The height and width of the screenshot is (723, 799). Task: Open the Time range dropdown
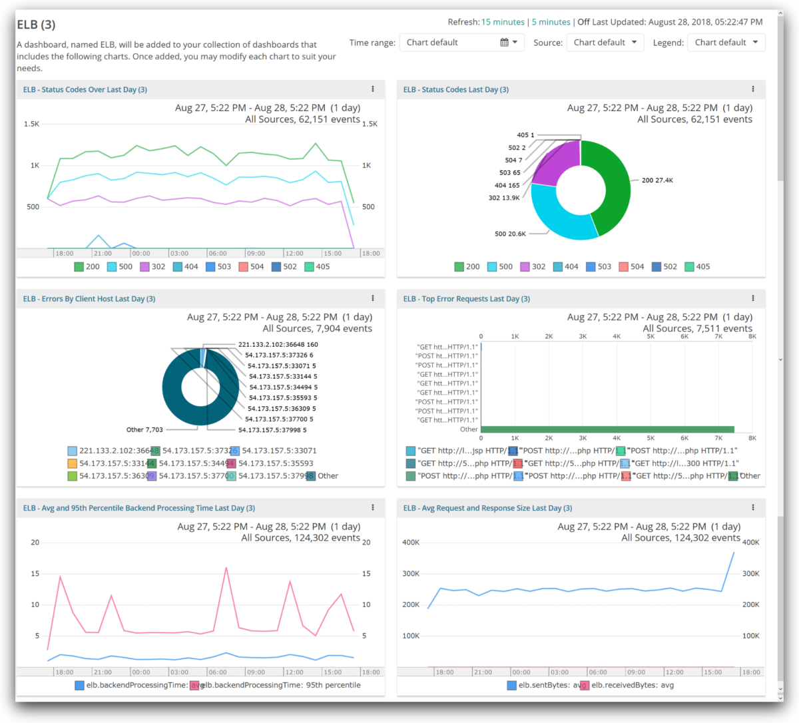pyautogui.click(x=461, y=43)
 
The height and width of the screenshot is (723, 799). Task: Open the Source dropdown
pyautogui.click(x=605, y=43)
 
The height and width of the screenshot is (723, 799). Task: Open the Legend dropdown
pyautogui.click(x=726, y=43)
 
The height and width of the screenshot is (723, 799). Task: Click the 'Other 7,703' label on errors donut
pyautogui.click(x=144, y=430)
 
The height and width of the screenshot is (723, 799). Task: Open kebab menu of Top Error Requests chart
pyautogui.click(x=753, y=299)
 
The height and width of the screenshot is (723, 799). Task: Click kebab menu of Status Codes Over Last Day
pyautogui.click(x=373, y=89)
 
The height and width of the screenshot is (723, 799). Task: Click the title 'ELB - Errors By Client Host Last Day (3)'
pyautogui.click(x=89, y=299)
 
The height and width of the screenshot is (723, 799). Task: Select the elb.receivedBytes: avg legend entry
pyautogui.click(x=632, y=685)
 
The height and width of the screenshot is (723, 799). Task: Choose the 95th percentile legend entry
pyautogui.click(x=280, y=685)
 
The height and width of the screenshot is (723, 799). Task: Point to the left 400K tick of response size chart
pyautogui.click(x=411, y=543)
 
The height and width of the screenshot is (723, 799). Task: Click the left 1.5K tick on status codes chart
pyautogui.click(x=31, y=124)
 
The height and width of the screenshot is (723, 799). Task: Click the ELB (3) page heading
pyautogui.click(x=36, y=25)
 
